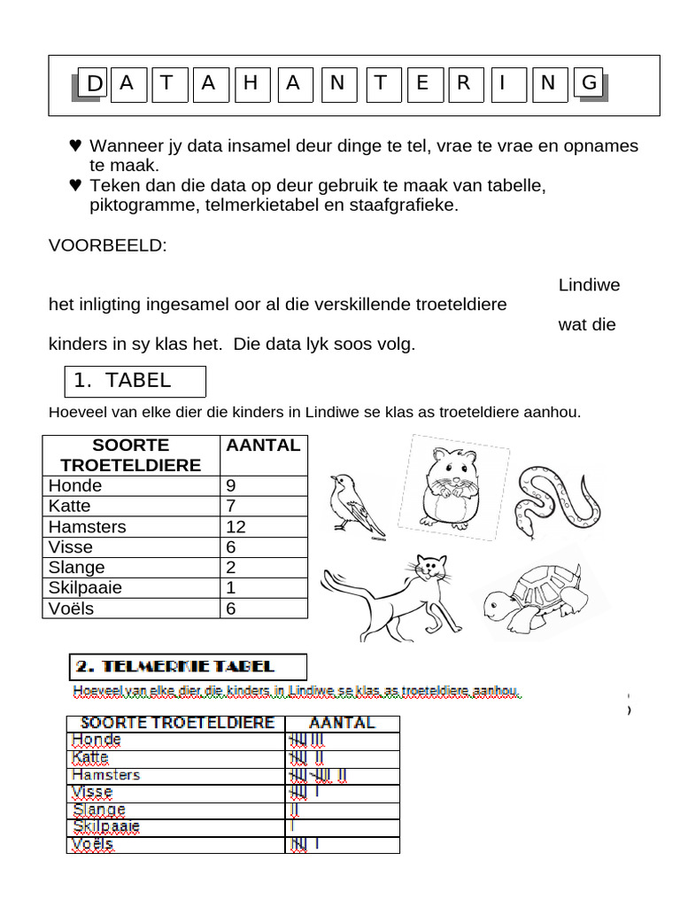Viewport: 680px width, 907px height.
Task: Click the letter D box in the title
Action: click(91, 84)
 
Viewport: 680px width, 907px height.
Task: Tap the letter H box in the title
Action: click(251, 84)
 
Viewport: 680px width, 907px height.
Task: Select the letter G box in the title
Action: click(589, 84)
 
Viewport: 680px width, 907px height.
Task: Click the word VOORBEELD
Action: click(107, 245)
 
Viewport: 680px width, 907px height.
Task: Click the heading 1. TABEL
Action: click(135, 382)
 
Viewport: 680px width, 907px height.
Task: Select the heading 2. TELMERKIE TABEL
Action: click(188, 667)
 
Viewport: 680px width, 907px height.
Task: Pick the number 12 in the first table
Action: click(236, 527)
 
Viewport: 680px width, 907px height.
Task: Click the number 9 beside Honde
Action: click(231, 486)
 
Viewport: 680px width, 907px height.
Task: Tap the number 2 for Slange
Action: click(231, 568)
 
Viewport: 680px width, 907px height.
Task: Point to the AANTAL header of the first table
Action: click(263, 446)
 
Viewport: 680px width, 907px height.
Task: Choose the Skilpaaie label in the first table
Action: click(86, 588)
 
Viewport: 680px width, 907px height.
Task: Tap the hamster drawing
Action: click(451, 486)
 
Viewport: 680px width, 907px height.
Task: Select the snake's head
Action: click(529, 528)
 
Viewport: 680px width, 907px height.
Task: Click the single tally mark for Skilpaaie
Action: click(291, 826)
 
